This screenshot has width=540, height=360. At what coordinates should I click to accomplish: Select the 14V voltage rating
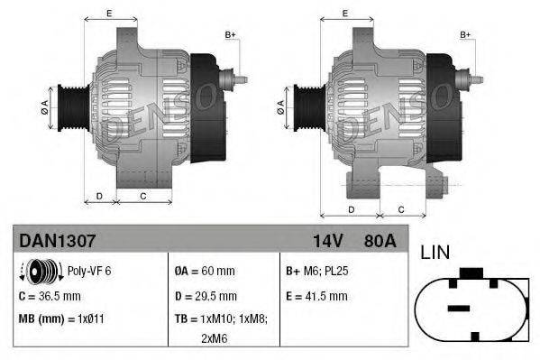(326, 241)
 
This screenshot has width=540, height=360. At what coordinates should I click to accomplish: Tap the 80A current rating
(378, 241)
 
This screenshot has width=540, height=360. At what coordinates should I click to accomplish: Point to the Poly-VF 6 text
(89, 271)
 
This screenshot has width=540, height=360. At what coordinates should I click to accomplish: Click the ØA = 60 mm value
(204, 271)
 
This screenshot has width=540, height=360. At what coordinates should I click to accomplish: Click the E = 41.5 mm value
(316, 296)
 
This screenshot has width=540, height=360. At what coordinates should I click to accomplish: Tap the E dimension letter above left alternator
(109, 13)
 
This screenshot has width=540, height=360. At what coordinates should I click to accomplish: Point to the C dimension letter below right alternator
(400, 209)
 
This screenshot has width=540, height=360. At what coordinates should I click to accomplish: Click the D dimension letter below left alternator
(100, 196)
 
